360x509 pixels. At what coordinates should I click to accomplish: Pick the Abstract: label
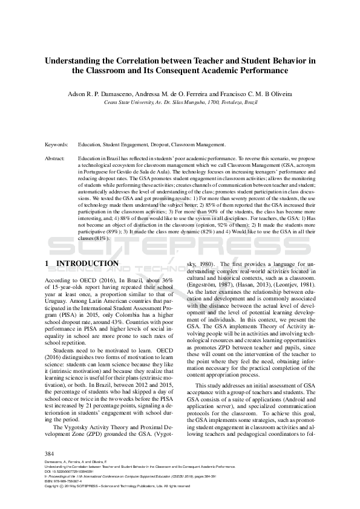click(55, 158)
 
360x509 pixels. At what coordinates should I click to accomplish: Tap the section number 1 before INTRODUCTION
click(48, 264)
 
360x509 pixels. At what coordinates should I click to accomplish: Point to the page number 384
click(50, 453)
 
